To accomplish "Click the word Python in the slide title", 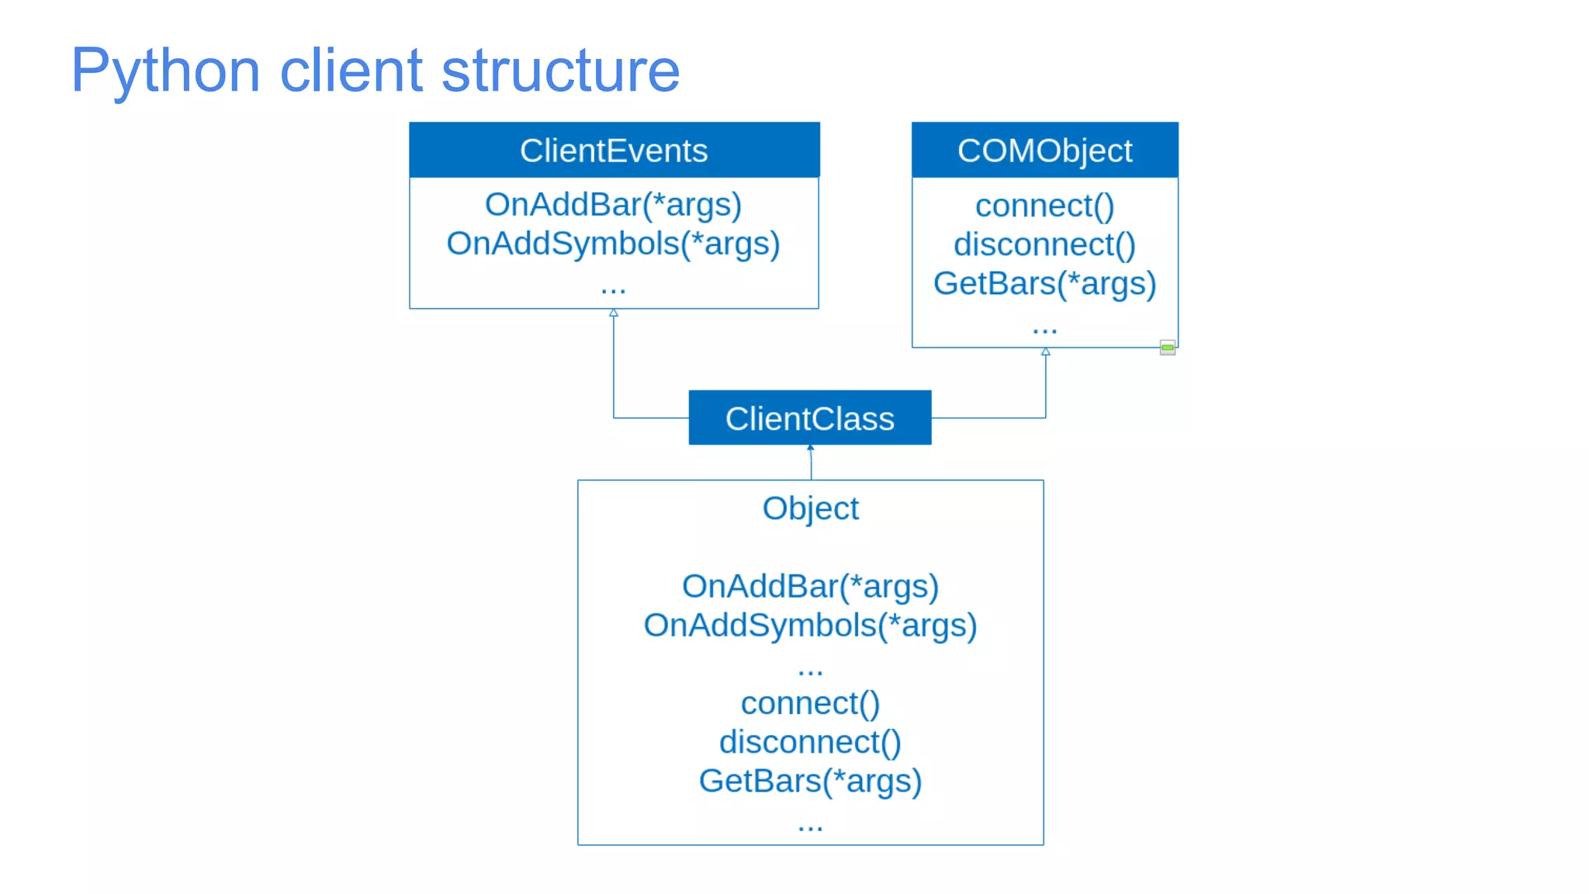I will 164,71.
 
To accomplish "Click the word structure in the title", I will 560,71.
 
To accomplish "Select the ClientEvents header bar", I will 614,151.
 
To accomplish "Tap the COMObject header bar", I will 1044,151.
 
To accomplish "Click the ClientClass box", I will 809,418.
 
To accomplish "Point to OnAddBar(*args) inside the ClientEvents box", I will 613,205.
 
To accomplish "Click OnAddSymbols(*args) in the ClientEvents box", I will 613,244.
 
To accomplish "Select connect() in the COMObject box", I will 1044,206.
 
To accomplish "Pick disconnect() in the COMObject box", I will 1044,245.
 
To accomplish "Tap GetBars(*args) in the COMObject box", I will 1044,284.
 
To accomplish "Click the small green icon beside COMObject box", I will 1167,348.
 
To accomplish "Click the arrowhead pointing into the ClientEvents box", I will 614,313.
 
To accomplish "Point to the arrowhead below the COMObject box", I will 1045,352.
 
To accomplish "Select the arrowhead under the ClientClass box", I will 810,448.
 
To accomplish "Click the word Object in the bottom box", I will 810,509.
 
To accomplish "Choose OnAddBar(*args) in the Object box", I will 810,587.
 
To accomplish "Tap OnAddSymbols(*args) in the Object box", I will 810,625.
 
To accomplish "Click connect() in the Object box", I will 810,704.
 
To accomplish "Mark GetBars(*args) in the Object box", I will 810,781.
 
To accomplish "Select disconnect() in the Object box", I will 810,743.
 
